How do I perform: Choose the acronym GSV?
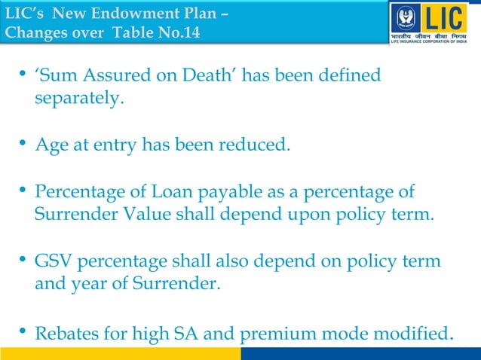point(55,261)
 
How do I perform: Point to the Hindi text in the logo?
point(434,37)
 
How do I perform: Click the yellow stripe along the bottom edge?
point(121,353)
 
